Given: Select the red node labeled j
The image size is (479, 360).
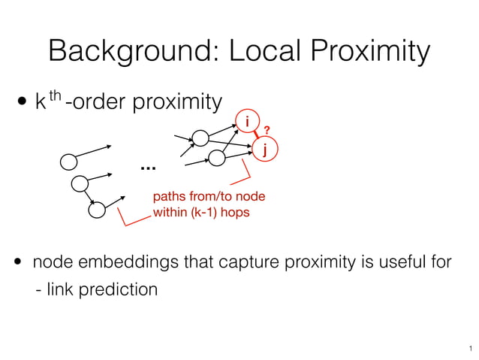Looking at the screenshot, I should (x=264, y=149).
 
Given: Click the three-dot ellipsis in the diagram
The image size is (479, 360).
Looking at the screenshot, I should (x=146, y=166).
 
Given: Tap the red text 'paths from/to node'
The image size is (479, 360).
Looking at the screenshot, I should (x=209, y=197).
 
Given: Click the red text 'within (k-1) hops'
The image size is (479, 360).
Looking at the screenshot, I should (x=201, y=213).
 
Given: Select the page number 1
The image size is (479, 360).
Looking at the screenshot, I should (x=468, y=348).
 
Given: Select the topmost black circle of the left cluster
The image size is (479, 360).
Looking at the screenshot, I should (x=68, y=162).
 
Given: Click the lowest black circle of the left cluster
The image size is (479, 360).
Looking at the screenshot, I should (x=96, y=209).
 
